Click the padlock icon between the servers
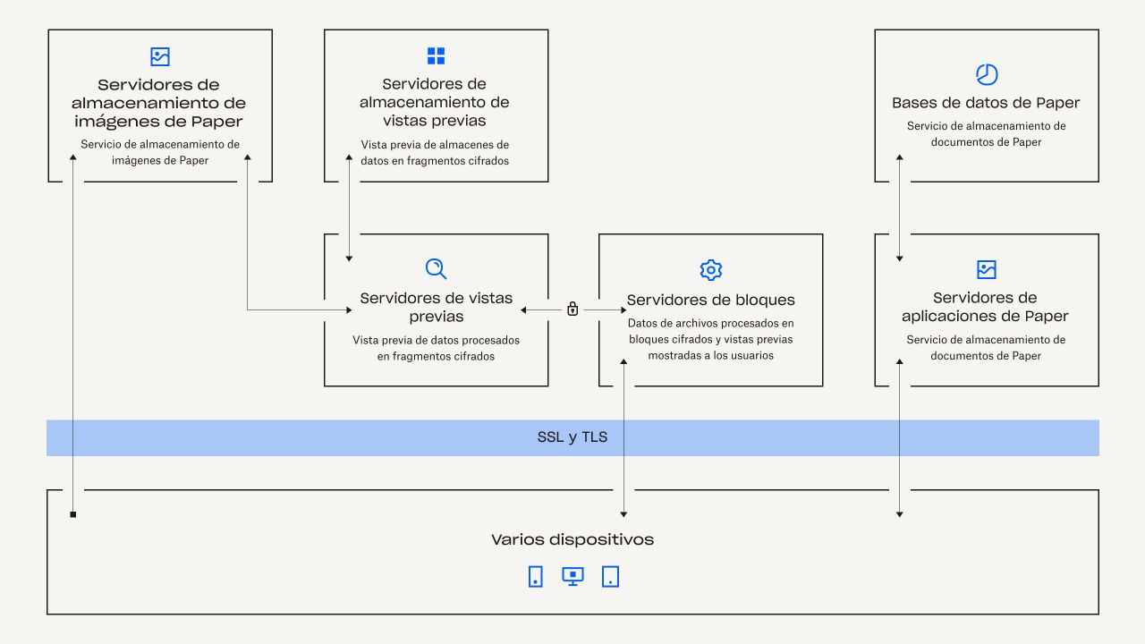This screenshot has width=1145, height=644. coord(572,309)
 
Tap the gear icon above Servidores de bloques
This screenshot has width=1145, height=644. coord(710,270)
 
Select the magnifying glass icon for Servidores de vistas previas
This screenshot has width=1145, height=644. coord(436,269)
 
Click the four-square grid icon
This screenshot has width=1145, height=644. coord(436,56)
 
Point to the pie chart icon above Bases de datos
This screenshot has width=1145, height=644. coord(986,74)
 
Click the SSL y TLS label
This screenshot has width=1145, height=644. coord(572,437)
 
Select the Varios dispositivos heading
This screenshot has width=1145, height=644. coord(572,539)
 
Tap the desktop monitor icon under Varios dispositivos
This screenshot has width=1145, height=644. coord(572,576)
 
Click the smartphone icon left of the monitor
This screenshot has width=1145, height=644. coord(535,576)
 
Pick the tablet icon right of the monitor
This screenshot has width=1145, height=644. coord(610,576)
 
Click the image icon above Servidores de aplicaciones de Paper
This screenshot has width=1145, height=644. coord(986,269)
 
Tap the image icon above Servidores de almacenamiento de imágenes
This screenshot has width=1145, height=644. coord(159,56)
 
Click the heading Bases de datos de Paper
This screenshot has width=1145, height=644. coord(986,103)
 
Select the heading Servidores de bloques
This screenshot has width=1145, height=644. coord(710,300)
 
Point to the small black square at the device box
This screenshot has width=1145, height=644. coord(73,514)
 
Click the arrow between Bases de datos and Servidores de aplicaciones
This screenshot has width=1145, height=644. coord(900,208)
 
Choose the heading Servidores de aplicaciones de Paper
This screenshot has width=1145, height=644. coord(986,307)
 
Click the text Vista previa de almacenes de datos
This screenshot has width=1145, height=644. coord(436,152)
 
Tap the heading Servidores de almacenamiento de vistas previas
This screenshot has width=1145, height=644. coord(436,102)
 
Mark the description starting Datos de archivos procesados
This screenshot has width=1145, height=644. coord(710,339)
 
